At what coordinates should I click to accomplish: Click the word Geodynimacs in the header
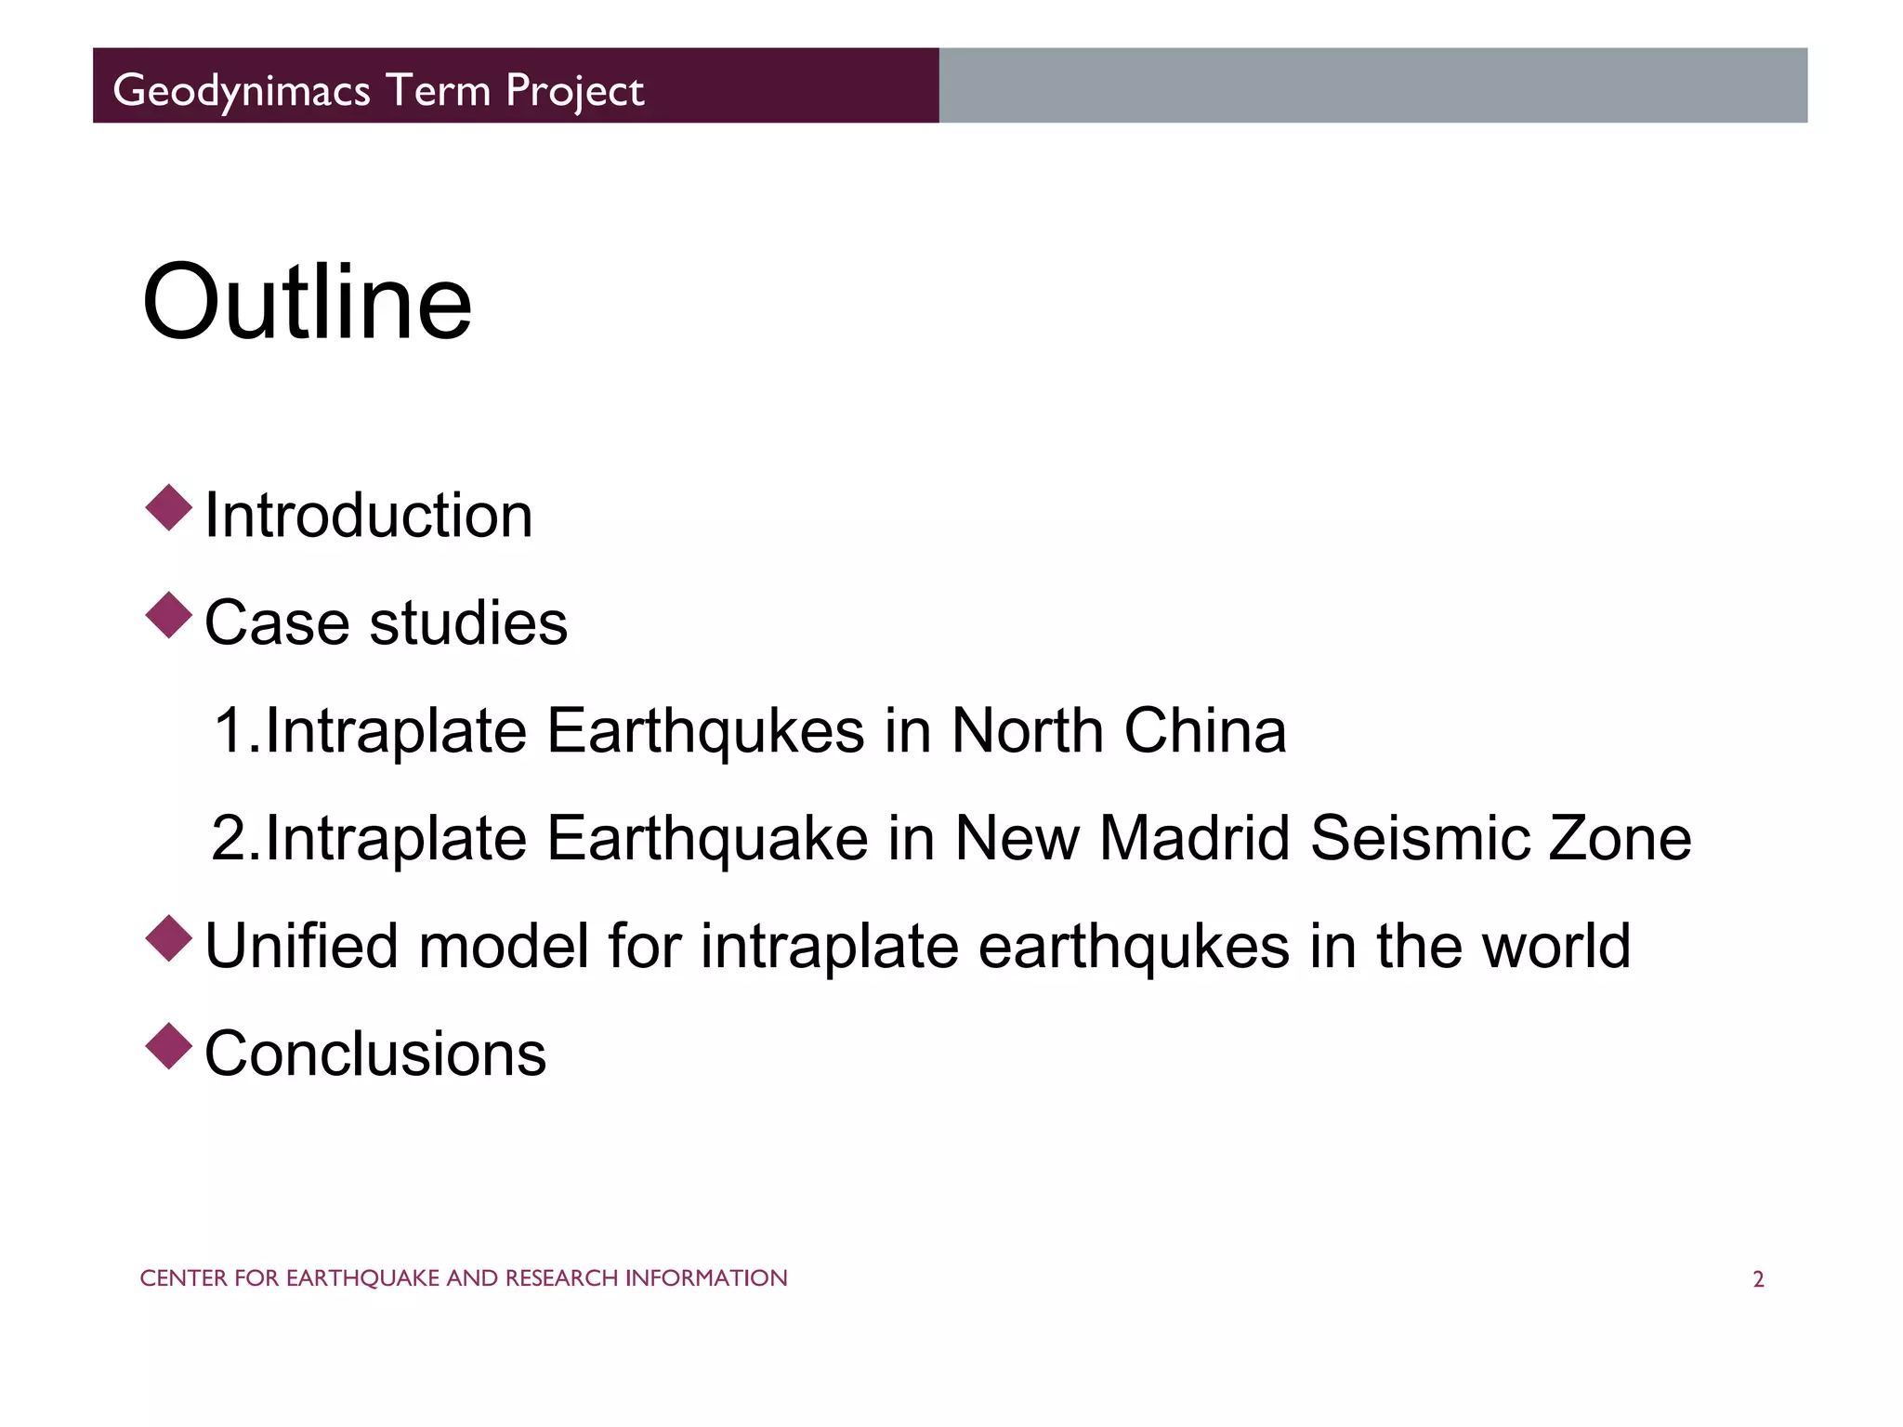coord(242,91)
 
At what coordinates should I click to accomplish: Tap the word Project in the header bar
coord(574,91)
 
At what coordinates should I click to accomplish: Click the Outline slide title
coord(307,303)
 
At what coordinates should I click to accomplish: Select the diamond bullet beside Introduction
coord(169,508)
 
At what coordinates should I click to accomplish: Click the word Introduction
coord(369,516)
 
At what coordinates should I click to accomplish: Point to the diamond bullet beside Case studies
coord(169,615)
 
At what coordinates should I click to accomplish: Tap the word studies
coord(468,622)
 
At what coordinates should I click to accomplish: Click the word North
coord(1028,730)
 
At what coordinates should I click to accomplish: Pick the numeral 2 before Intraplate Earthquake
coord(229,838)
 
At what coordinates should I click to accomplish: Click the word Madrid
coord(1195,838)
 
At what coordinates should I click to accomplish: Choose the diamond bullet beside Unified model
coord(169,938)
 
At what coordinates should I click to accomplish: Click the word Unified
coord(303,946)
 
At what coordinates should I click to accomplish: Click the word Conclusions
coord(375,1054)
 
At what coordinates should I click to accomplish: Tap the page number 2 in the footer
coord(1758,1279)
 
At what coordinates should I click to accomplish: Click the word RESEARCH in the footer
coord(561,1278)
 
